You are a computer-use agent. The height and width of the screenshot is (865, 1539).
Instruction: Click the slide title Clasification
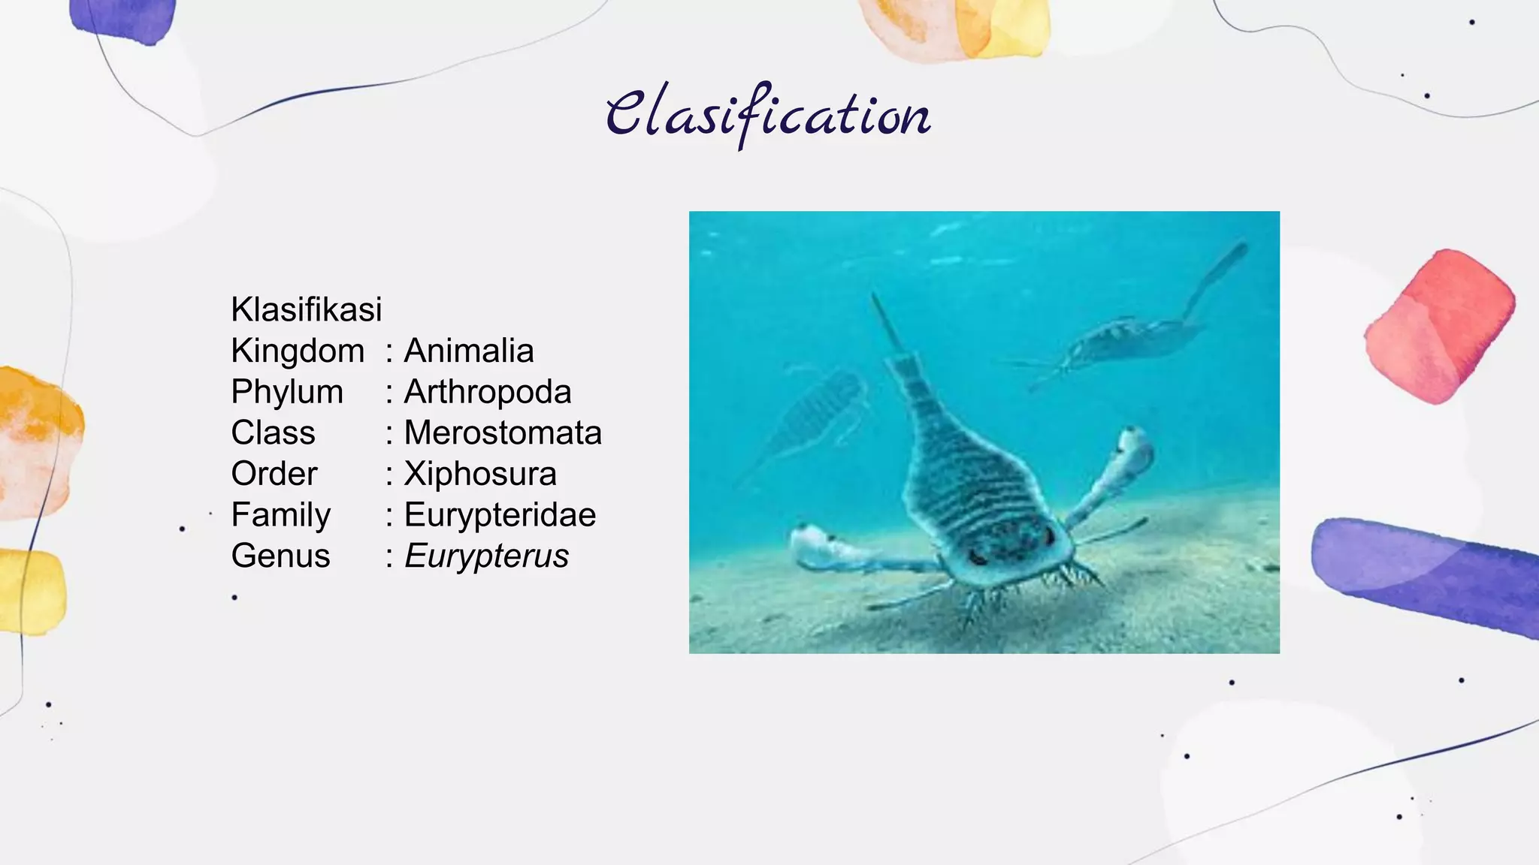[768, 115]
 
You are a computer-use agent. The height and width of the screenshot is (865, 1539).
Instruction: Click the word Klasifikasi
[307, 309]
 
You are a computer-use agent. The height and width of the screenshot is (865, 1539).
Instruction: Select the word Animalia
[469, 351]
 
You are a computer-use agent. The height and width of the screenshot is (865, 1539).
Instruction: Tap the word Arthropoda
[488, 392]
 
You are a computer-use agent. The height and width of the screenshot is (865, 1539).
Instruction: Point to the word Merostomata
[503, 432]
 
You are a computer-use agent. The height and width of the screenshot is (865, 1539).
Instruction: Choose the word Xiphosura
[480, 474]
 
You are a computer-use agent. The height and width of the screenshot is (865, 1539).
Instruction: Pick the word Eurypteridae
[500, 515]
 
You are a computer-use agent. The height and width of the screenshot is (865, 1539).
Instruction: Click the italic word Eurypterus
[486, 556]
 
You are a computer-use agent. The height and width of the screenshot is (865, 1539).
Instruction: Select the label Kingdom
[298, 351]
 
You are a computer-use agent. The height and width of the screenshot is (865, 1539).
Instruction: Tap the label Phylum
[287, 392]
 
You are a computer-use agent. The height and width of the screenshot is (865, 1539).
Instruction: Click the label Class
[273, 432]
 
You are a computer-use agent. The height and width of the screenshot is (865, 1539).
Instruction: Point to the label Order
[274, 474]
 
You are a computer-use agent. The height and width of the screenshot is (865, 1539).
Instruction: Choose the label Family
[281, 515]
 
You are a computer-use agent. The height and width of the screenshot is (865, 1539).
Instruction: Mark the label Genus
[280, 556]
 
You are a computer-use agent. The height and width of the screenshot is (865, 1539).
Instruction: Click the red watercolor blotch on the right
[1439, 327]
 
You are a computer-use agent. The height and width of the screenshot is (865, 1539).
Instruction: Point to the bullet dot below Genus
[234, 597]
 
